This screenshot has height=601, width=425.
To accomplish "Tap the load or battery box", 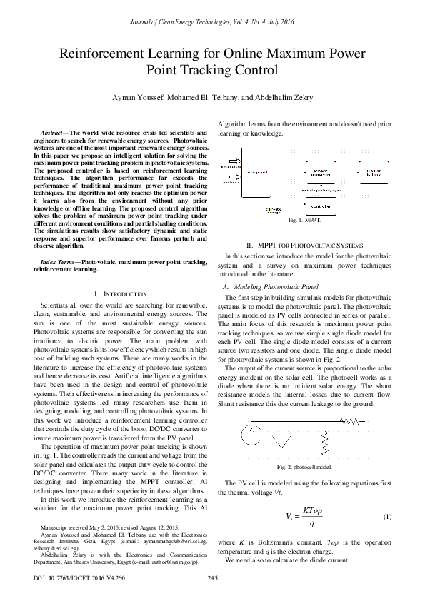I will pos(374,173).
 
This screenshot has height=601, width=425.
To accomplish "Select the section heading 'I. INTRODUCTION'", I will pos(120,294).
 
